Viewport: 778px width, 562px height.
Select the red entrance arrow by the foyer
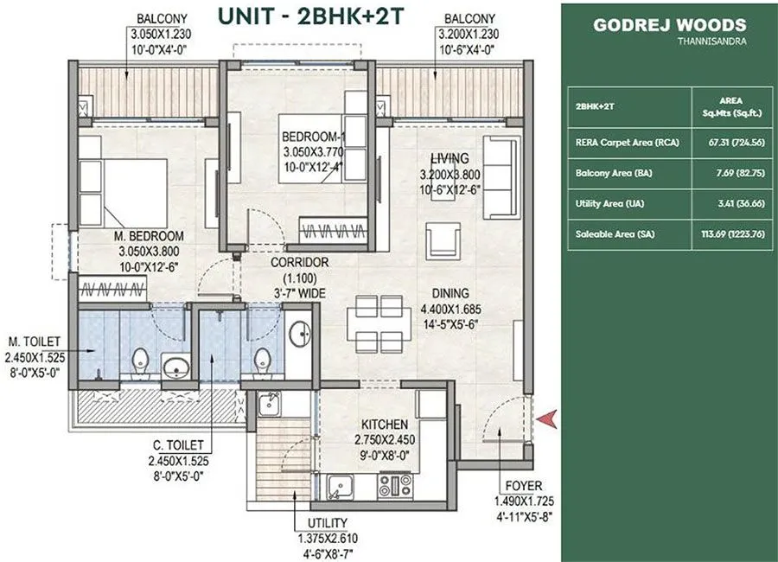point(546,419)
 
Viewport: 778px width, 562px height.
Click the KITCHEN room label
point(385,425)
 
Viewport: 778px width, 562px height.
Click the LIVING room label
point(450,158)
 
